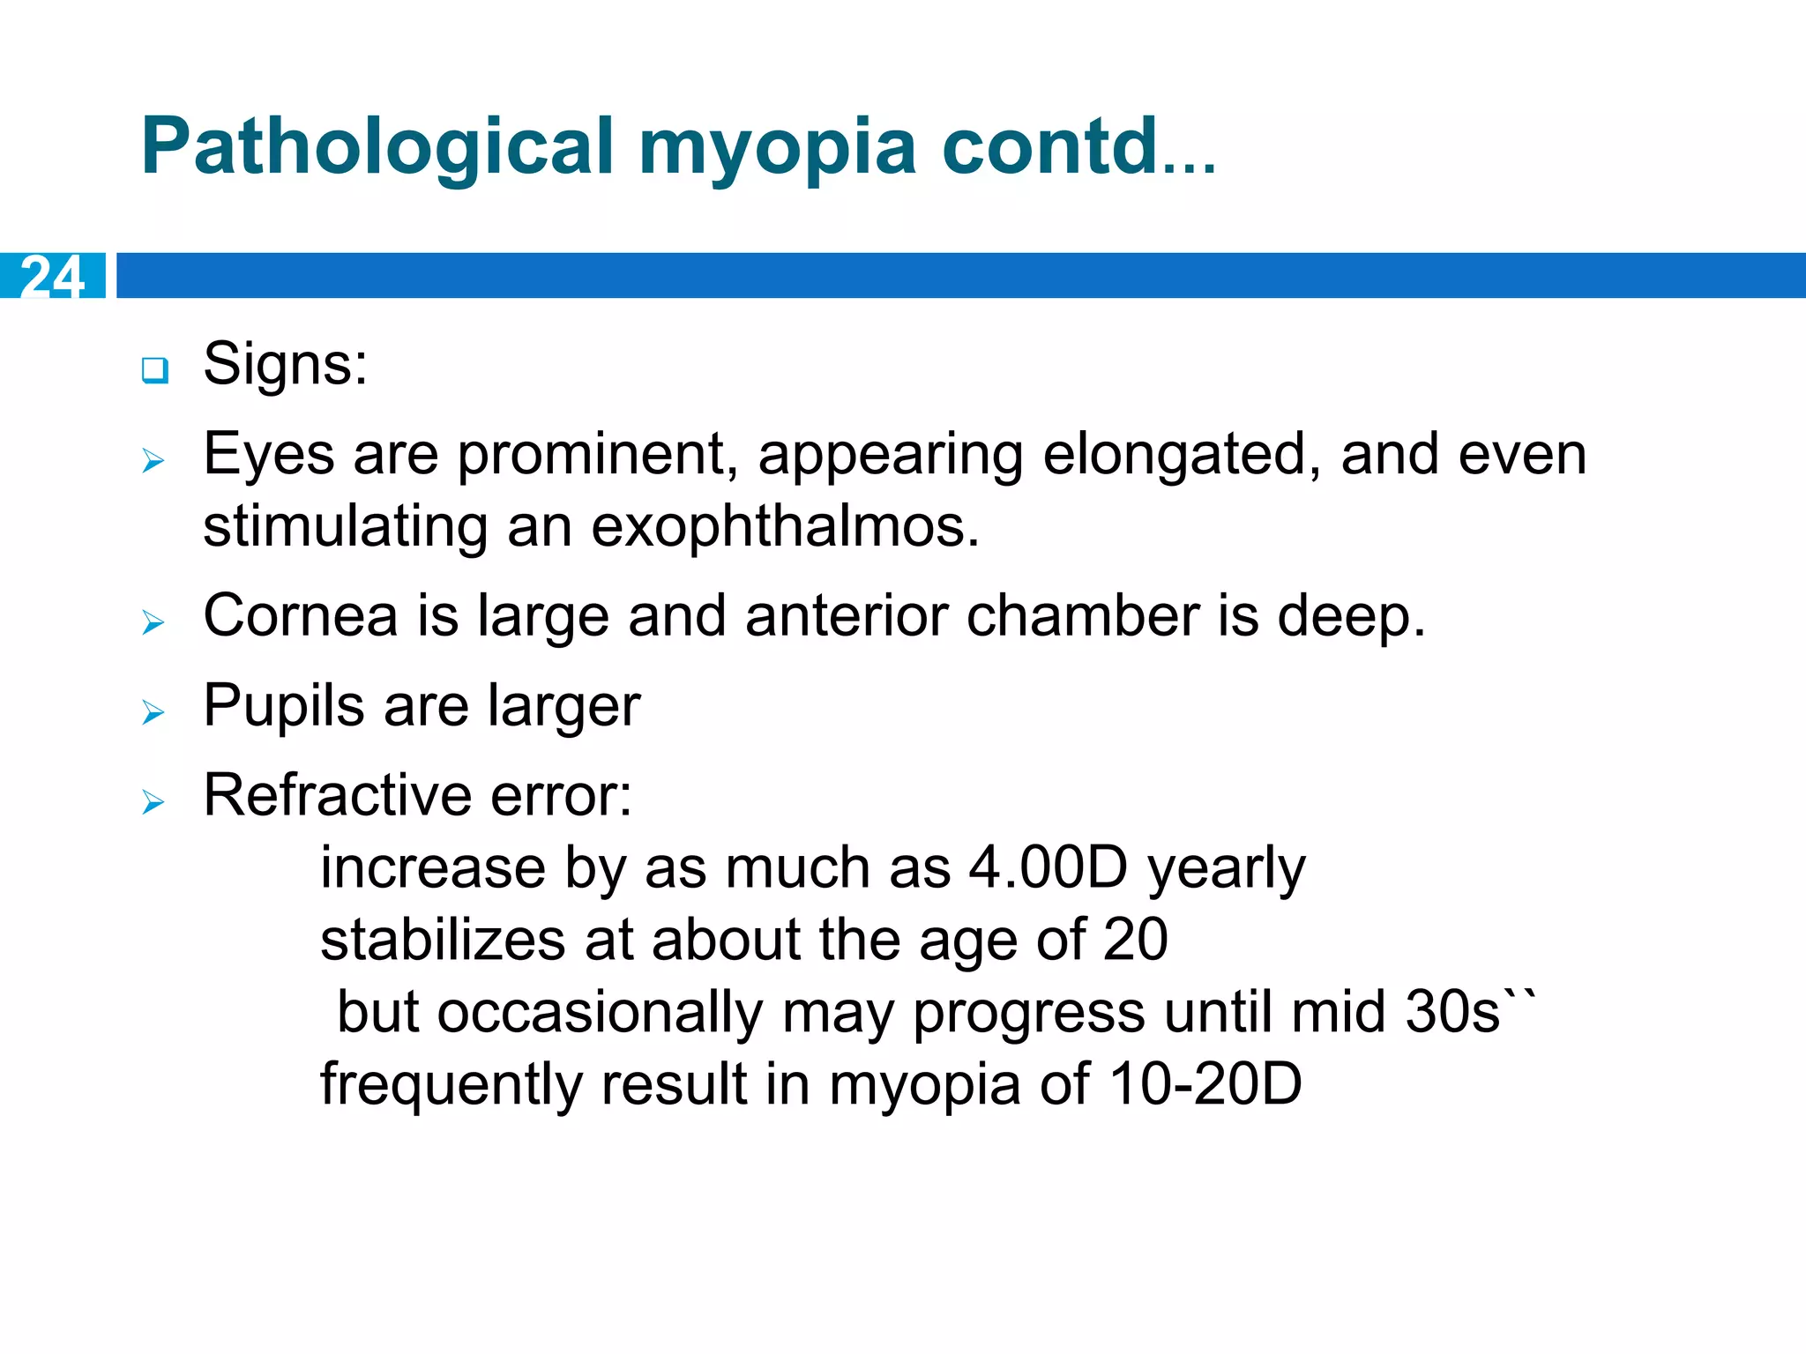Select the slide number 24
[52, 276]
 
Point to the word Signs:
[285, 363]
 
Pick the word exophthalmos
[785, 526]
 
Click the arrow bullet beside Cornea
[153, 622]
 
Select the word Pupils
[283, 706]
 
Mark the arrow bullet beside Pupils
[153, 712]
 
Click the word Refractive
[337, 795]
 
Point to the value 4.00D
[1048, 867]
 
